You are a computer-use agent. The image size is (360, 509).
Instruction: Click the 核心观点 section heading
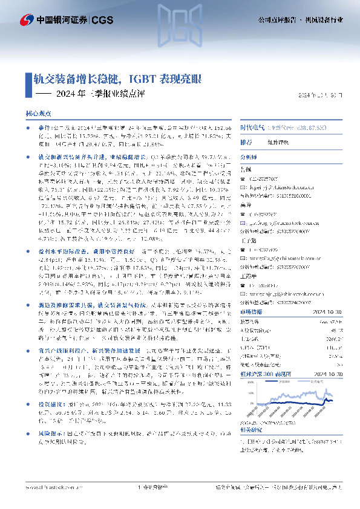[38, 113]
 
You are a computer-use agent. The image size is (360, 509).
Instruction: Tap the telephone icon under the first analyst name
[261, 179]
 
